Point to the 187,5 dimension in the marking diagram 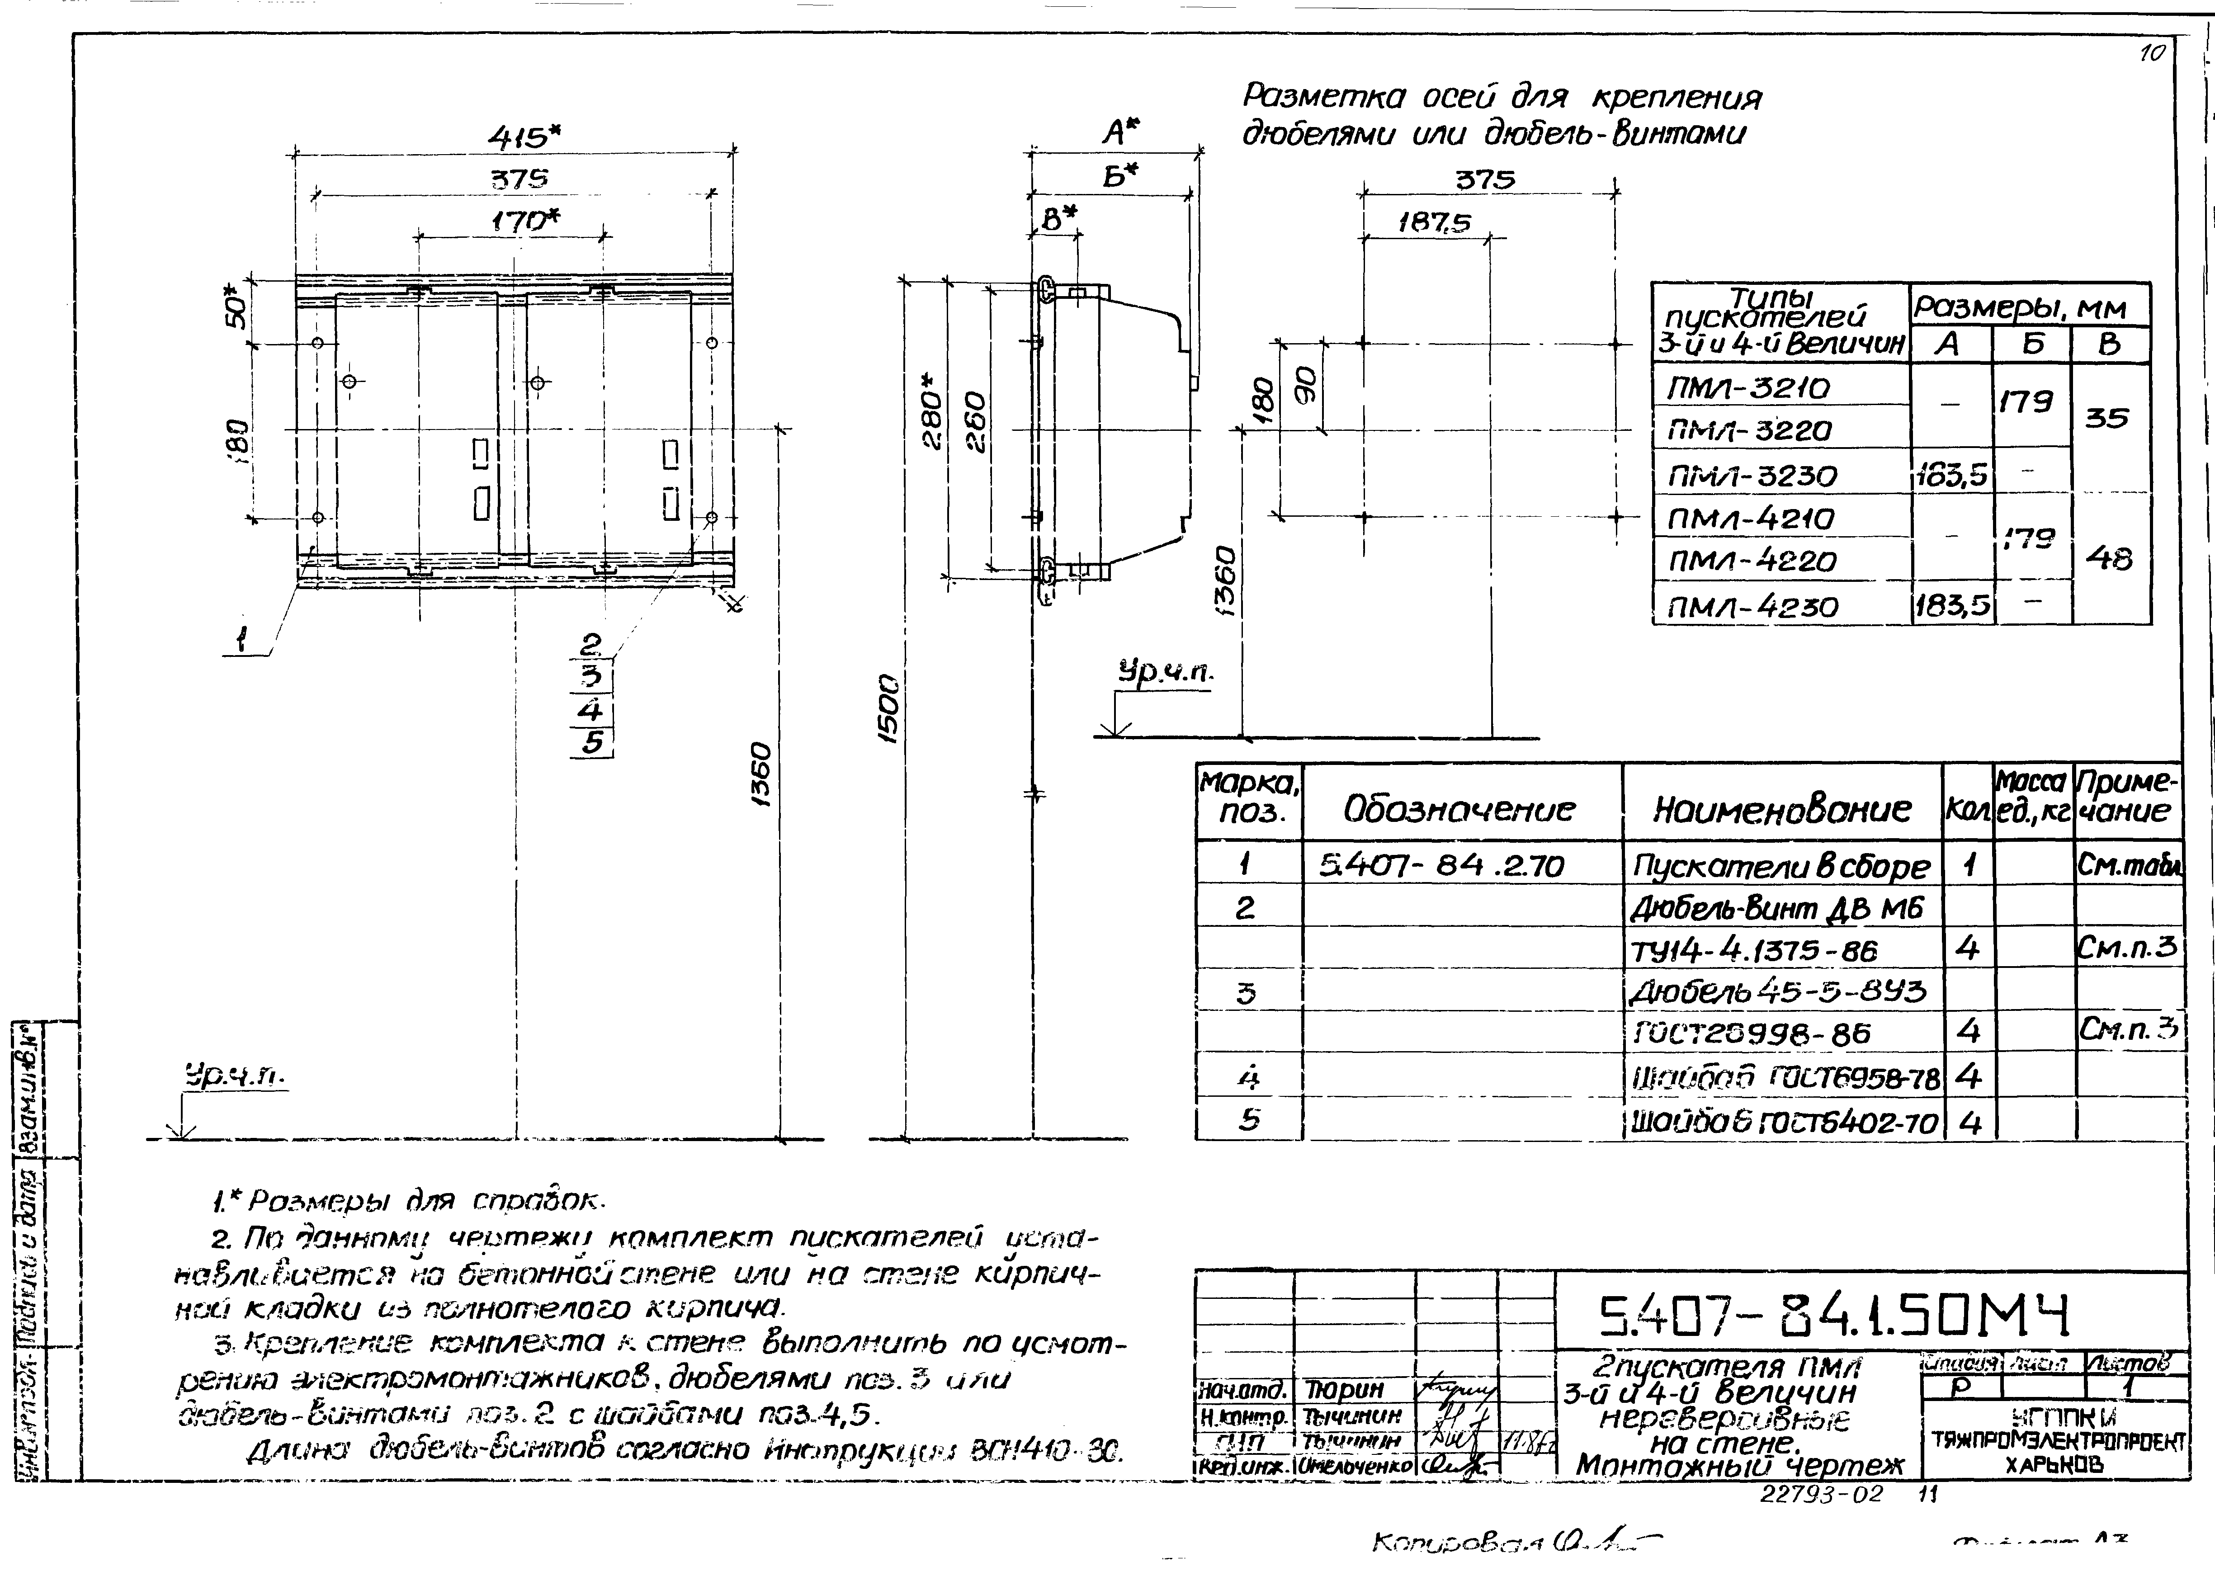coord(1434,223)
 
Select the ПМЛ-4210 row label coord(1750,519)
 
